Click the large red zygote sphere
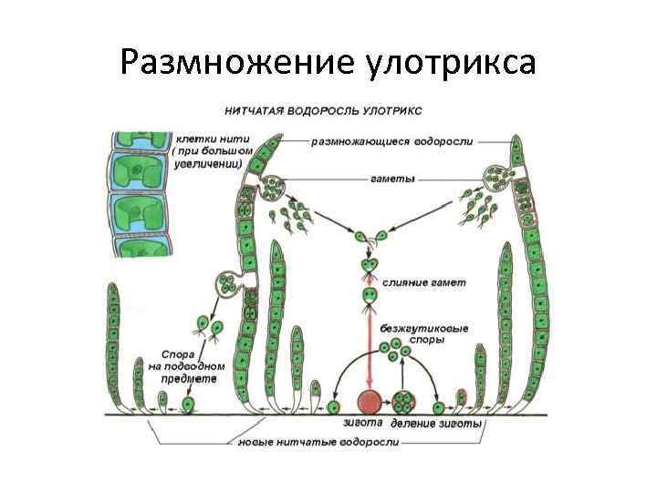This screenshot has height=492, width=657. (369, 402)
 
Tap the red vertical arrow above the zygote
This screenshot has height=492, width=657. (369, 346)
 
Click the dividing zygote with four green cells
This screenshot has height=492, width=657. (406, 402)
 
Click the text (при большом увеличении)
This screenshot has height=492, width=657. (207, 159)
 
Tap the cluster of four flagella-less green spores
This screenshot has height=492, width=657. (391, 348)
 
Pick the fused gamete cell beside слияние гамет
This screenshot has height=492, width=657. (369, 295)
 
